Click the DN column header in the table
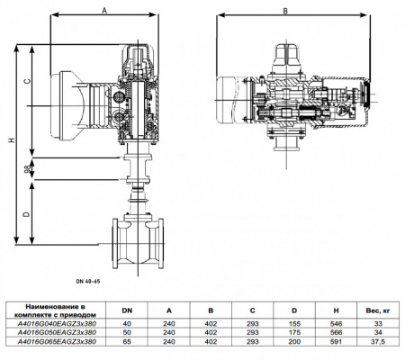click(x=127, y=310)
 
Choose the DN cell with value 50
click(x=127, y=333)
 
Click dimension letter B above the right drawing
click(x=286, y=12)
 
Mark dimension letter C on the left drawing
click(x=28, y=81)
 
